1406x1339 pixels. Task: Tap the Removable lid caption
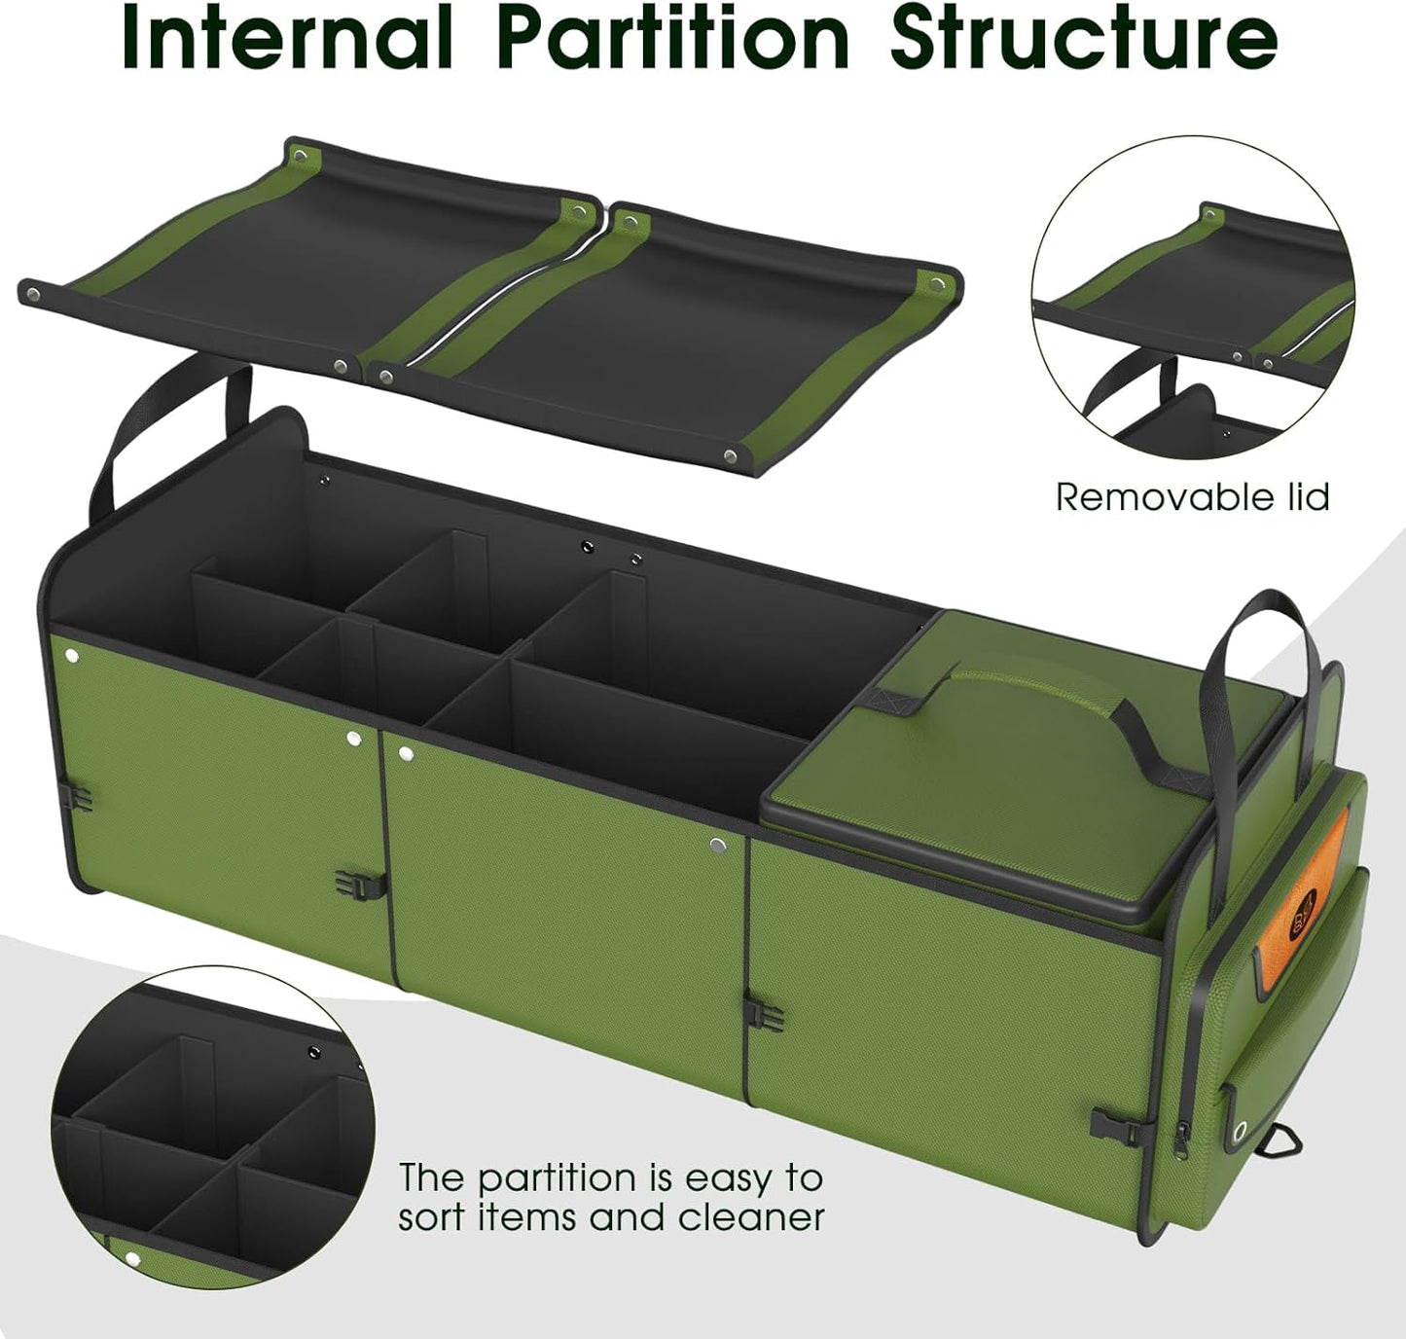point(1192,497)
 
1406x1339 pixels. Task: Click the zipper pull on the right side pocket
point(1183,1135)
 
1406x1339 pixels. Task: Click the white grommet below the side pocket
point(1241,1132)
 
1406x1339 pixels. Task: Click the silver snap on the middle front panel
point(717,846)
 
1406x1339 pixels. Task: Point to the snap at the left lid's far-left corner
point(35,293)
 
